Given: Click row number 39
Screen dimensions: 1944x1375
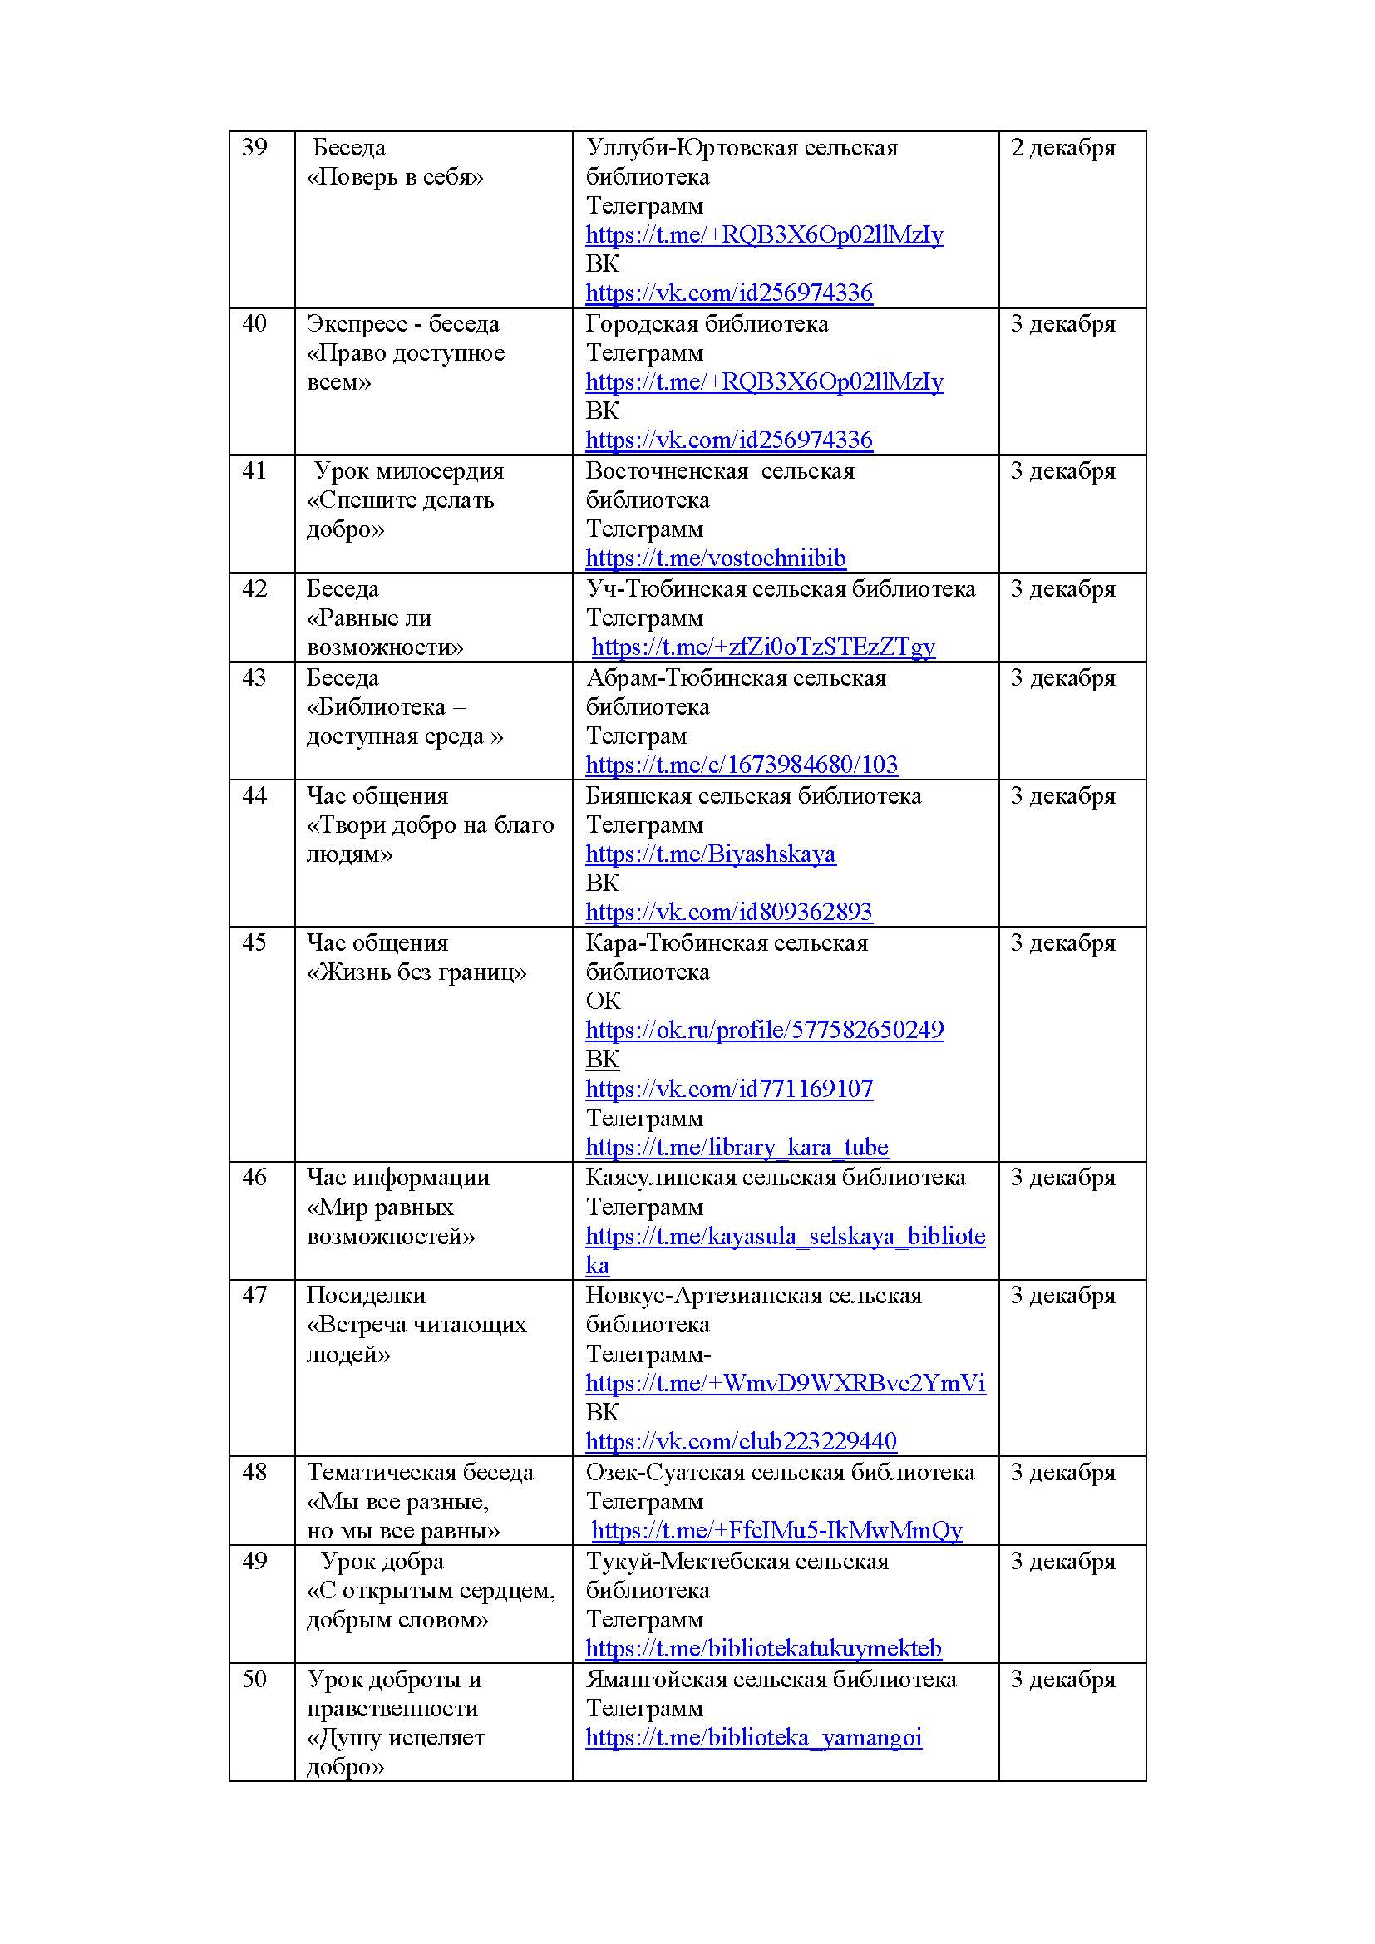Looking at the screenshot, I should [x=254, y=148].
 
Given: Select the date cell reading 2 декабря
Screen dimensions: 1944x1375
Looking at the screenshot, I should [x=1062, y=148].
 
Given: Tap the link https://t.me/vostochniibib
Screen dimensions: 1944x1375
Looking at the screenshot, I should [x=716, y=558].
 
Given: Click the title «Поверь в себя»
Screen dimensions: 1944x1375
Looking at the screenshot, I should [x=395, y=177].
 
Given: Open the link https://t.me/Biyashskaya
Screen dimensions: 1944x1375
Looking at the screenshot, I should [x=710, y=854].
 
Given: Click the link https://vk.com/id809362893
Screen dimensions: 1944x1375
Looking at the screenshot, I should [x=728, y=912].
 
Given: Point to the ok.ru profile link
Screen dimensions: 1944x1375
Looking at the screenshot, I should [x=764, y=1030].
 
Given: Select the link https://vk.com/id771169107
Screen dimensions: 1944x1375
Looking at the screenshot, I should [x=728, y=1089].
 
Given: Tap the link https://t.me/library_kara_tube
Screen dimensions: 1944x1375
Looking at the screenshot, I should [x=737, y=1147].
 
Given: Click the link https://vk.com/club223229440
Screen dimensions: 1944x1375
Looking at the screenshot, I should [x=741, y=1441].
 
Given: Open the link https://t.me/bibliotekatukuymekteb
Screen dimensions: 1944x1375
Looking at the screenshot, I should [x=763, y=1648].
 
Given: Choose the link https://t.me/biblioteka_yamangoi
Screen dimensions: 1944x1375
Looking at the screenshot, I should [x=753, y=1737].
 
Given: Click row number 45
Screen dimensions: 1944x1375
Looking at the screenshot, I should [x=254, y=943].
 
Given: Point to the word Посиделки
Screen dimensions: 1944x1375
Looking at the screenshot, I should [x=366, y=1296].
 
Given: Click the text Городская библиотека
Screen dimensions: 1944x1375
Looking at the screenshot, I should [x=707, y=324].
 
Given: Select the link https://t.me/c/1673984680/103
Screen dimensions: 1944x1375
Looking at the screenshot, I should [x=742, y=765].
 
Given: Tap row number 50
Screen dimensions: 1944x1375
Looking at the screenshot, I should [x=254, y=1679].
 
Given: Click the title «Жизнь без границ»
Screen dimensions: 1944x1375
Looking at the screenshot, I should [x=416, y=972].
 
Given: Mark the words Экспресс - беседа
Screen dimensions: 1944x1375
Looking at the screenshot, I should [x=402, y=324].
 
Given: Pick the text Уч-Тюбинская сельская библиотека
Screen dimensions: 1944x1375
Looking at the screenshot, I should [x=781, y=589].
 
